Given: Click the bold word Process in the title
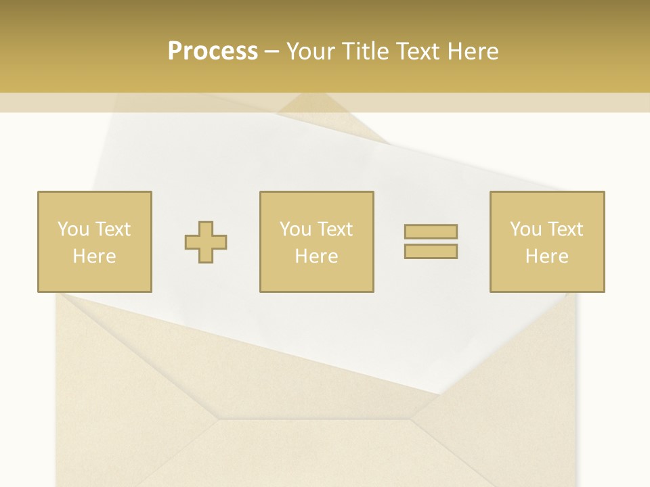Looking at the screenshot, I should [x=213, y=51].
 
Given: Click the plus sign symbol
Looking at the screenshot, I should [x=206, y=241].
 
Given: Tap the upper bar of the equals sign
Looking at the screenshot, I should [x=431, y=231].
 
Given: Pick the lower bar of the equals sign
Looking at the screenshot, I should [x=431, y=251].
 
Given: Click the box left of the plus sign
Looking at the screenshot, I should [x=95, y=241].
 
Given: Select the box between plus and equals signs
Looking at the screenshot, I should [x=316, y=241].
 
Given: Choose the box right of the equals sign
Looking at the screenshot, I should [x=547, y=241].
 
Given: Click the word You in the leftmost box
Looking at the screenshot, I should [x=72, y=229].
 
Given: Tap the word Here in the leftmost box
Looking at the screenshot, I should [x=94, y=256].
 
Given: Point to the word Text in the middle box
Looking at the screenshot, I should [x=334, y=229].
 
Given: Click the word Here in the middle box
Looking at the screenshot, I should [x=316, y=256].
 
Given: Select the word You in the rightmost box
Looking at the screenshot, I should [x=525, y=229].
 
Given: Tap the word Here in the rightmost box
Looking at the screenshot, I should [x=546, y=256].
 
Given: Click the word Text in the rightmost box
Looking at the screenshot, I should [x=565, y=229].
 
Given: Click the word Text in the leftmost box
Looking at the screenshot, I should [x=112, y=229].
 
